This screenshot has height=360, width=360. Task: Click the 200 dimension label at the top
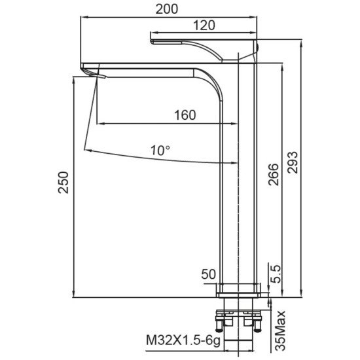tap(167, 9)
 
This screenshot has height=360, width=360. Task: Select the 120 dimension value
tap(204, 26)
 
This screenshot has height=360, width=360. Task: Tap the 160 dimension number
tap(185, 115)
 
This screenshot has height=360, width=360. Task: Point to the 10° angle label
tap(160, 151)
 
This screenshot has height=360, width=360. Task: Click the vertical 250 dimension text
tap(63, 183)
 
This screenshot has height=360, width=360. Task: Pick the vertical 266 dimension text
tap(274, 175)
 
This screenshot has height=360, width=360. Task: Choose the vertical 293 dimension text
tap(293, 162)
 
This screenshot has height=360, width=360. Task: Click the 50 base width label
tap(208, 274)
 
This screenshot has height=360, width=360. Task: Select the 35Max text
tap(280, 331)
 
